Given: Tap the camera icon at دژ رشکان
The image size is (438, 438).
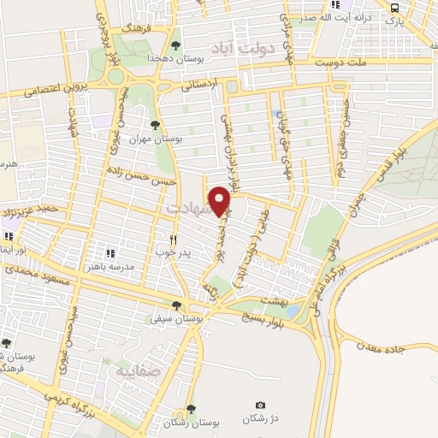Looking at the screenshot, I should (261, 405).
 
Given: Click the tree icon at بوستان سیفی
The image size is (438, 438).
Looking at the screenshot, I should (176, 305).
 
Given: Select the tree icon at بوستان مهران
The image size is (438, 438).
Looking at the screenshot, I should (154, 126).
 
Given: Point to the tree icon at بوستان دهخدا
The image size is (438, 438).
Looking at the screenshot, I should (175, 45).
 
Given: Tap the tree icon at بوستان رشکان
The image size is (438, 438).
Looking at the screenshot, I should (190, 409).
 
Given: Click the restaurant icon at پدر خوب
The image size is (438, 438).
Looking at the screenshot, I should (173, 240).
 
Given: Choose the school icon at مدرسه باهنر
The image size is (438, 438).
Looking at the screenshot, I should (109, 253).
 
